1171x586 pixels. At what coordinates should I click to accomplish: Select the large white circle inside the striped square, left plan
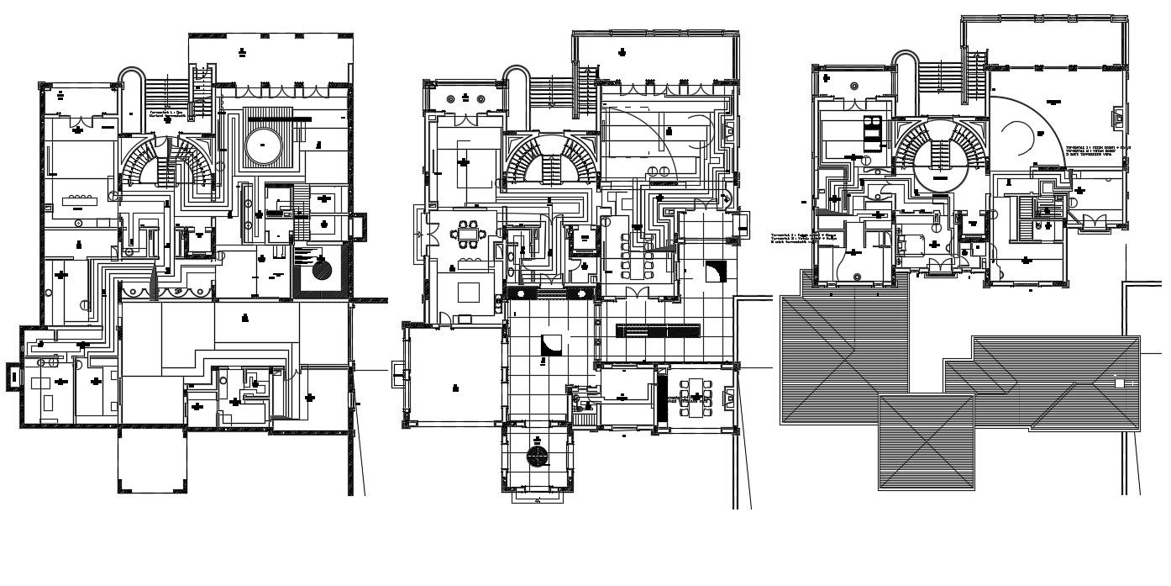click(263, 145)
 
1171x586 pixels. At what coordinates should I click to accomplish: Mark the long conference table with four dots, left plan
click(82, 201)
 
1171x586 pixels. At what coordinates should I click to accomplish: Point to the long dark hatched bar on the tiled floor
click(659, 330)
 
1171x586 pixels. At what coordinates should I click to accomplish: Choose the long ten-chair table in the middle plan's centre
click(635, 259)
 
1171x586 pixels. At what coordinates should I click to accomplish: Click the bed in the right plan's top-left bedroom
click(871, 129)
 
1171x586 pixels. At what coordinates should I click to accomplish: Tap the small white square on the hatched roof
click(1118, 383)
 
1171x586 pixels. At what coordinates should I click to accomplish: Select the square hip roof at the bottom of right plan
click(926, 441)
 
